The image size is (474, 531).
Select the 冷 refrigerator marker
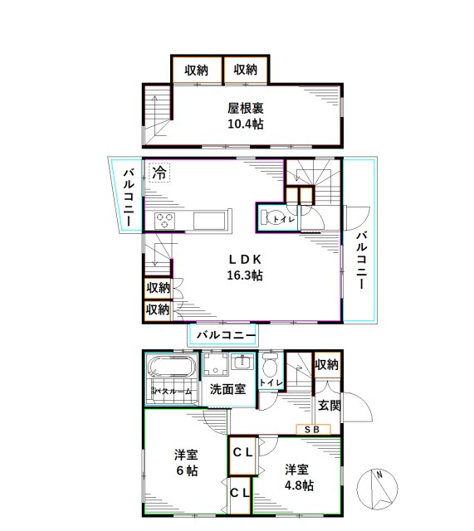pyautogui.click(x=159, y=174)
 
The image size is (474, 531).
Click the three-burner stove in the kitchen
pyautogui.click(x=164, y=221)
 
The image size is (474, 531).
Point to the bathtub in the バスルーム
pyautogui.click(x=172, y=369)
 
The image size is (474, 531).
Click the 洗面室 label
pyautogui.click(x=227, y=388)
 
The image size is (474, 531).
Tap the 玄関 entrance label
pyautogui.click(x=329, y=405)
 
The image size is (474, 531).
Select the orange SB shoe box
pyautogui.click(x=313, y=429)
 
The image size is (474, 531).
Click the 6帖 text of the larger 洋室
pyautogui.click(x=185, y=470)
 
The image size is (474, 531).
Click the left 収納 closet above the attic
pyautogui.click(x=196, y=70)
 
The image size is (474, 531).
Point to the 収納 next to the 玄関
pyautogui.click(x=327, y=364)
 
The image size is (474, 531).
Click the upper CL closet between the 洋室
pyautogui.click(x=242, y=453)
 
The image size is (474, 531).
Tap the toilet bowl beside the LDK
pyautogui.click(x=271, y=218)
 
